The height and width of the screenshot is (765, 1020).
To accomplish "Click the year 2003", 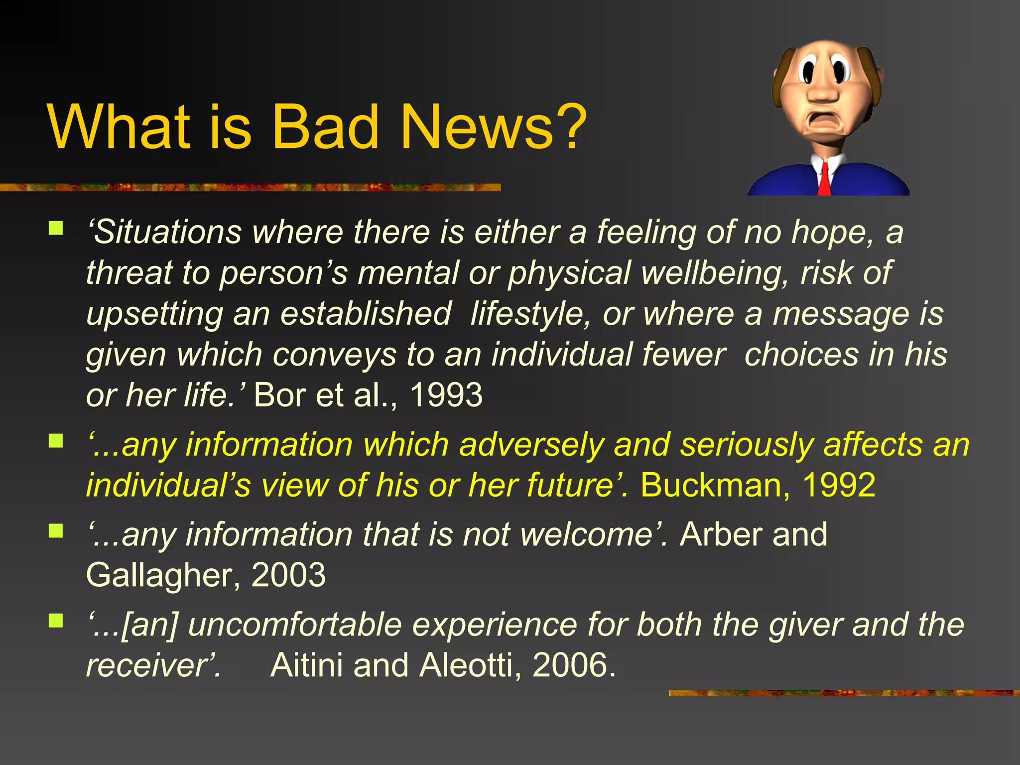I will (x=288, y=575).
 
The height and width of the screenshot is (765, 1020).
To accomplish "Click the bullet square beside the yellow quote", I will (x=56, y=441).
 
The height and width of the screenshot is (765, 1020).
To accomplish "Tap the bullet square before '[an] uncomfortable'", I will (x=56, y=621).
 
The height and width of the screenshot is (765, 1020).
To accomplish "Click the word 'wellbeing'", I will (x=715, y=273).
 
